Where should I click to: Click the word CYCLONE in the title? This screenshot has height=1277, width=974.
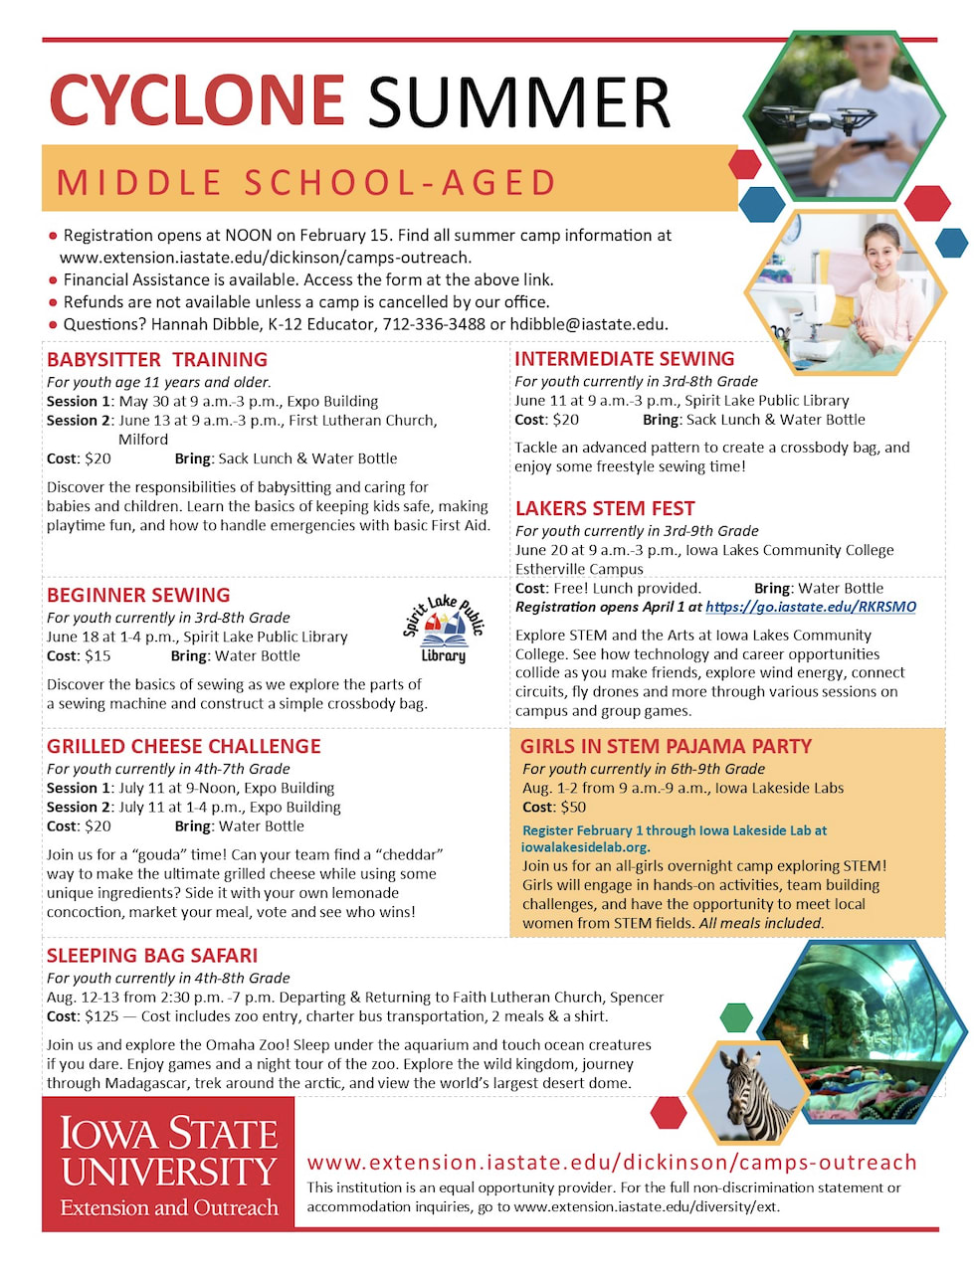pos(197,99)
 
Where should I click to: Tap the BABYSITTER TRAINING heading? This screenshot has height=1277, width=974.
pos(157,360)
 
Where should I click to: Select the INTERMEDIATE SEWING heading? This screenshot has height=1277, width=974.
pos(624,359)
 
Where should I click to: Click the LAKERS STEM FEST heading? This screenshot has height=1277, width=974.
pos(605,508)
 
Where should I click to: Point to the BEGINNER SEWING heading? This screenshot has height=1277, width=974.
pos(138,596)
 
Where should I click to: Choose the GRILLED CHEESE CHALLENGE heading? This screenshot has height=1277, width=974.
pos(184,747)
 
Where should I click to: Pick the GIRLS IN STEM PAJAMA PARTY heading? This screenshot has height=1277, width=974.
pos(666,747)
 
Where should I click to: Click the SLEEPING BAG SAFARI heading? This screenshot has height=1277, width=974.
pos(152,956)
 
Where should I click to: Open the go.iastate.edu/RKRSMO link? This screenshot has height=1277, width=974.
pos(811,607)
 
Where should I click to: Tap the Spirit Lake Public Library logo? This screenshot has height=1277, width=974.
pos(444,628)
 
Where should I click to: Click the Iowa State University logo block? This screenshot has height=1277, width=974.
pos(168,1164)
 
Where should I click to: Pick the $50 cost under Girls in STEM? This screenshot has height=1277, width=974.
pos(572,808)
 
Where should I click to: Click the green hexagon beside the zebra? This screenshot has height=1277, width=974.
pos(735,1017)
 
